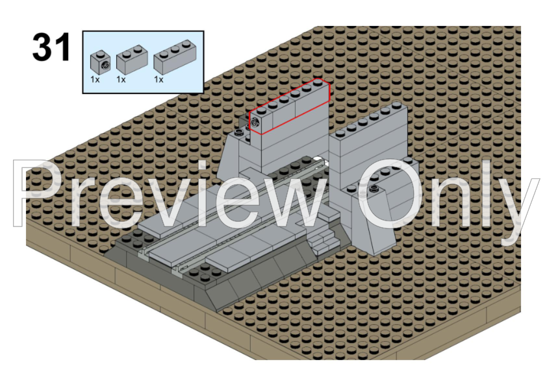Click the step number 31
[x=51, y=47]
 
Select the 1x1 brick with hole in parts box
[x=101, y=63]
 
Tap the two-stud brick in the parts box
[x=132, y=60]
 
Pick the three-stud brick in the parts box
[x=175, y=57]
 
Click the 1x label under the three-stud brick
[x=159, y=80]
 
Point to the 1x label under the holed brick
[x=95, y=80]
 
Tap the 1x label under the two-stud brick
[x=121, y=80]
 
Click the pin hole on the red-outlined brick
[x=256, y=123]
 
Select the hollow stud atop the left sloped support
[x=239, y=132]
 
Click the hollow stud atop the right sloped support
[x=374, y=189]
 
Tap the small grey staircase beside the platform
[x=324, y=241]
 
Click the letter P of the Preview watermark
[x=34, y=193]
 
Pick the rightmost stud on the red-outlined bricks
[x=318, y=82]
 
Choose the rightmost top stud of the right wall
[x=397, y=104]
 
